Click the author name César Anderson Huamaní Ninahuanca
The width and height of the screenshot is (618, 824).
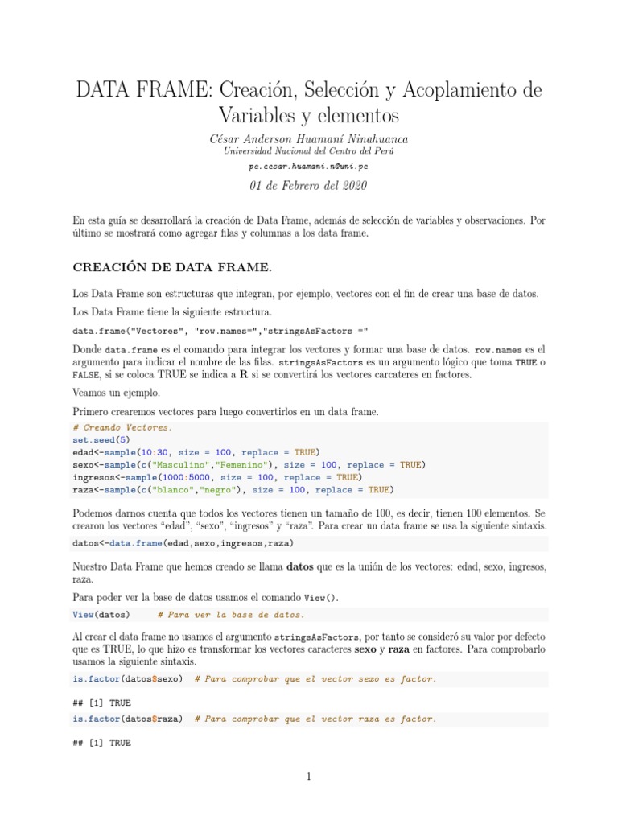point(309,138)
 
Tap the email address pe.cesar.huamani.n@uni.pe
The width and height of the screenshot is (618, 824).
point(309,167)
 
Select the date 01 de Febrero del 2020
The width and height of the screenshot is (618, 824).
point(309,186)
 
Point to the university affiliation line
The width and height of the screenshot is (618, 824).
point(309,151)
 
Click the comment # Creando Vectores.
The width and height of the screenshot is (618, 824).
point(122,427)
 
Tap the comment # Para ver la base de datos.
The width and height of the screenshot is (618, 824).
point(231,615)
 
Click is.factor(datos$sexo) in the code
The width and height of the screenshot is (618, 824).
point(127,679)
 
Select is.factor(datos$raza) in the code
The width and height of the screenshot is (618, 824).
point(127,719)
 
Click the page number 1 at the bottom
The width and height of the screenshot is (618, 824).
point(309,777)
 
